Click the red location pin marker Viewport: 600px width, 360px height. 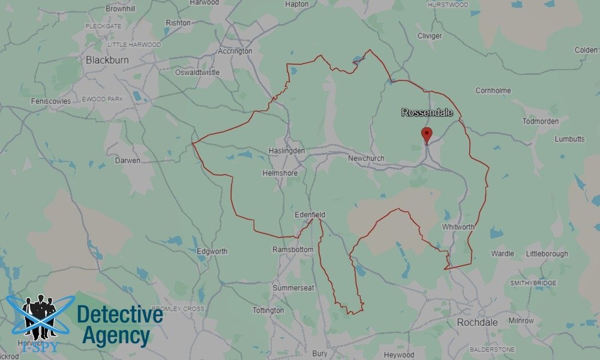[x=427, y=134]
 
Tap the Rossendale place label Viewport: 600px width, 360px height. [x=427, y=113]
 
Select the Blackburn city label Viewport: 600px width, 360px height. [x=108, y=60]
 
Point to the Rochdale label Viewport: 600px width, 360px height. [x=475, y=322]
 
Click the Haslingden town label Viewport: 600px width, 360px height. [x=287, y=151]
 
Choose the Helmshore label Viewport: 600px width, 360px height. [x=280, y=173]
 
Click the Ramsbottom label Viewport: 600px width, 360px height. [x=293, y=250]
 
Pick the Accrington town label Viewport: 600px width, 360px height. [x=235, y=52]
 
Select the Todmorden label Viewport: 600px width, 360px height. [x=540, y=121]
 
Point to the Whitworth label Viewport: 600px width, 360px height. [x=458, y=227]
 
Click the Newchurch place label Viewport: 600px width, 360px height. [x=366, y=158]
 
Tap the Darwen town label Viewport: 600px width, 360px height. [x=127, y=161]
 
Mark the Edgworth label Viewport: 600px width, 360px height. [x=212, y=251]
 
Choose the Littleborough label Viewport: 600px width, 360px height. [x=547, y=254]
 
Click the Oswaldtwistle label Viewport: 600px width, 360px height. [x=196, y=73]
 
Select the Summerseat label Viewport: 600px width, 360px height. [x=293, y=288]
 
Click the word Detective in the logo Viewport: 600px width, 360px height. [x=120, y=315]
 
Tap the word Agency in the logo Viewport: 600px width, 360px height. [x=116, y=336]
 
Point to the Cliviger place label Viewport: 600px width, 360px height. [x=430, y=36]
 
